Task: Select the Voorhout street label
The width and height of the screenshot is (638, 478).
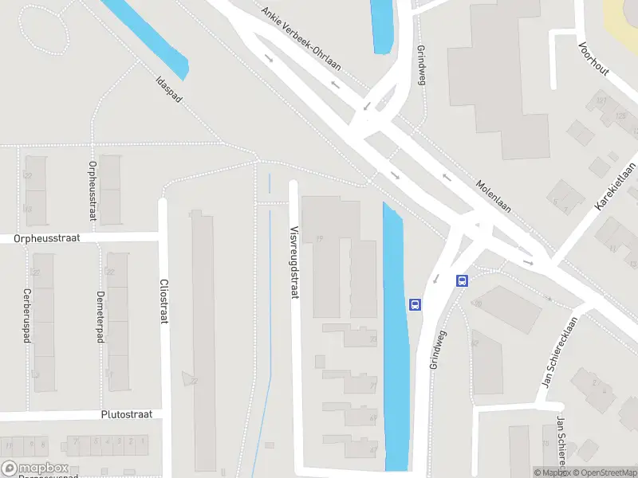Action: click(x=595, y=59)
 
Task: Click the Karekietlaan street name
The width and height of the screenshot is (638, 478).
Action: click(x=616, y=186)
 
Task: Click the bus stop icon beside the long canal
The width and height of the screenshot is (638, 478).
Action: click(x=415, y=304)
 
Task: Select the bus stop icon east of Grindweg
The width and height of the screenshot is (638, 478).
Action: click(x=462, y=280)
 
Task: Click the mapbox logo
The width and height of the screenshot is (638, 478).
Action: click(x=35, y=468)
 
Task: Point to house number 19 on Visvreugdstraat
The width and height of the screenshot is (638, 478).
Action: click(x=320, y=238)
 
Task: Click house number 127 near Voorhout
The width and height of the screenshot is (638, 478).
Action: click(x=601, y=100)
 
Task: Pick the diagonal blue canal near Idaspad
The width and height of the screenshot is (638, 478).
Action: click(x=148, y=36)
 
